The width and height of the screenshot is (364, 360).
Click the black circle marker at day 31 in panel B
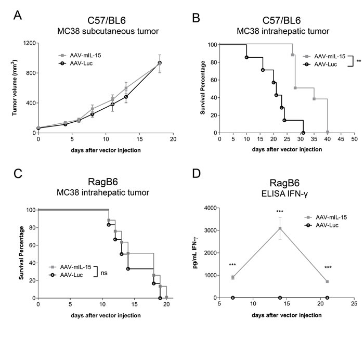(303, 133)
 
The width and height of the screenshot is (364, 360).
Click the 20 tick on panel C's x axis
(166, 305)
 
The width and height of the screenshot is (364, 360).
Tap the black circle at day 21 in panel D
(327, 298)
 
